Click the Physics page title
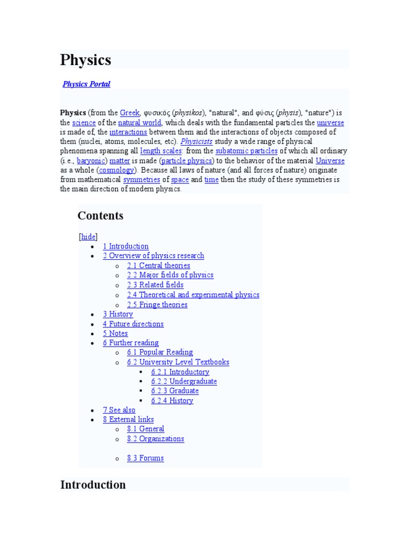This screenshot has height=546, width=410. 86,60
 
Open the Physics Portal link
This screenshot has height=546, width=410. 86,84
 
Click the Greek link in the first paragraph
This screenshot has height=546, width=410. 130,113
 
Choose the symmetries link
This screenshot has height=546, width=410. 142,180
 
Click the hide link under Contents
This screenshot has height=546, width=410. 88,237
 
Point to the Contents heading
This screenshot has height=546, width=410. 100,215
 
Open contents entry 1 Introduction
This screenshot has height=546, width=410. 125,246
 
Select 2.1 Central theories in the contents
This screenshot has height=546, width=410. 159,266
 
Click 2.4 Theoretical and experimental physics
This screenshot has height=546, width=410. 193,295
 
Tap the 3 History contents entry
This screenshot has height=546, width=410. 118,314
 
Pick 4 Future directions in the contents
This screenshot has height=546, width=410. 133,324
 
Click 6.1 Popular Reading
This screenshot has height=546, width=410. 160,352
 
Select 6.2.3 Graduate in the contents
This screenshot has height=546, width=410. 175,391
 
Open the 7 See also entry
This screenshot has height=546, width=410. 119,410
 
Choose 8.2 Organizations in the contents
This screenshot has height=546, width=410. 155,439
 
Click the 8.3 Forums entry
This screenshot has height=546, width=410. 145,458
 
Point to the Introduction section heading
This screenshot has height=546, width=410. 93,485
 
